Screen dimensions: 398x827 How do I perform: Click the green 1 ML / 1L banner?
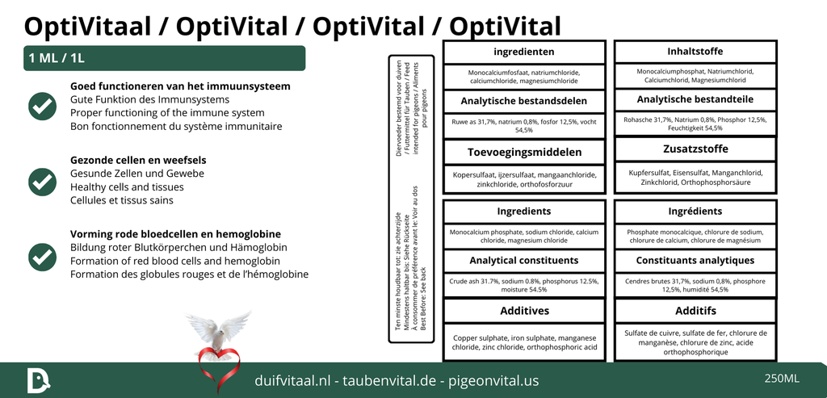[164, 58]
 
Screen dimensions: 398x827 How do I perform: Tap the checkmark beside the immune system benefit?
[42, 106]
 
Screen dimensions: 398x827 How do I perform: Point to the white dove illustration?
[217, 329]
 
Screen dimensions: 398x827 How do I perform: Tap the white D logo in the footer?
[37, 380]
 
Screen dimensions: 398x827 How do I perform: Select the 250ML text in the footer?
[781, 379]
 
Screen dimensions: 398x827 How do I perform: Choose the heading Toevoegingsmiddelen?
[524, 152]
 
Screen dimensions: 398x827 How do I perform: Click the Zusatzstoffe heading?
[695, 149]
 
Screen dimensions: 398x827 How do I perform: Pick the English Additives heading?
[524, 311]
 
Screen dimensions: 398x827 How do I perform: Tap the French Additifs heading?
[695, 311]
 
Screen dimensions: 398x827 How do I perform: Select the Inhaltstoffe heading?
[695, 52]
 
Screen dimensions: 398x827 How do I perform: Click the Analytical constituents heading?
[524, 260]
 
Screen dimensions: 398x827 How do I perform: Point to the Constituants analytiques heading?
[695, 260]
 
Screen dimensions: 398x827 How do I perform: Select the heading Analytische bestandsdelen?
[524, 102]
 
